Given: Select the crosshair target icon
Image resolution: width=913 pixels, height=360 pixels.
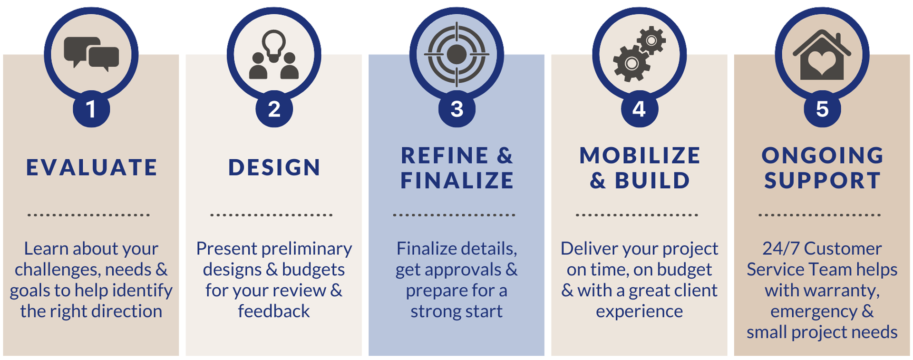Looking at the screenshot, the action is coord(456,54).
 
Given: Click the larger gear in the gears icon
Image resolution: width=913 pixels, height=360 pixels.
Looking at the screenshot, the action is coord(631,63).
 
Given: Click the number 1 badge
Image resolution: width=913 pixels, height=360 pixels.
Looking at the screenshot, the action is coord(91,109).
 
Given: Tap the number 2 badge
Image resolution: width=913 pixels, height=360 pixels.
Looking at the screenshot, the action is coord(274,109).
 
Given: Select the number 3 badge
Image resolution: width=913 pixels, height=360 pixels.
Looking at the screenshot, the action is coord(456,109).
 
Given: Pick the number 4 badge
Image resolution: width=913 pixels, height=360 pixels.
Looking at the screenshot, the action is coord(640,109).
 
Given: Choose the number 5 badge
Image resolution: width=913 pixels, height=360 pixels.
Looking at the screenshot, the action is coord(822,109).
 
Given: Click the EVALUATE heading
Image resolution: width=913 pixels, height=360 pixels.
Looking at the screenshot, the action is coord(91,168).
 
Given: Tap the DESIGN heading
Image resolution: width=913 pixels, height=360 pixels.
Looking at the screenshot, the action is coord(274,168).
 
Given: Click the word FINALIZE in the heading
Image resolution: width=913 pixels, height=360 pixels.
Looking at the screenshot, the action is coord(457,181).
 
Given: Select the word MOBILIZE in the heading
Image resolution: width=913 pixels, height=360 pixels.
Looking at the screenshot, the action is coord(640,156).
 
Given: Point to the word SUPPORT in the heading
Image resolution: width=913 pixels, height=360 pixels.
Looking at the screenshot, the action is coord(822,181).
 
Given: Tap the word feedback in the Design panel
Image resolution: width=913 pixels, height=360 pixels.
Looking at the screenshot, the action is coord(274,311).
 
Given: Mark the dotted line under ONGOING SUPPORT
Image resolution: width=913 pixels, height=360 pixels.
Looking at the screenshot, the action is coord(820,215).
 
